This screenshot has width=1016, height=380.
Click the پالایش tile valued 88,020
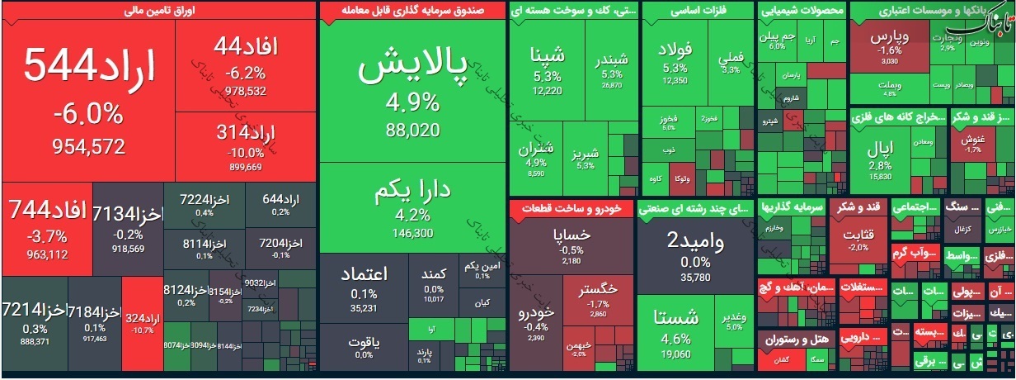(412, 91)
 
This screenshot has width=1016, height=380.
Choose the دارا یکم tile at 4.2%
(412, 207)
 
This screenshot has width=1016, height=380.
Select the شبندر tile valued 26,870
(610, 70)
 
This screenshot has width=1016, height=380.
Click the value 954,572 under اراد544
(79, 147)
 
